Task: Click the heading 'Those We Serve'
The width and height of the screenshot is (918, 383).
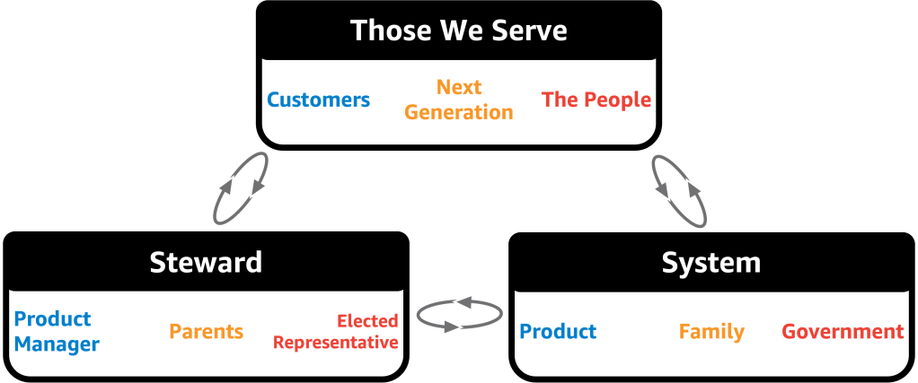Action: coord(459,30)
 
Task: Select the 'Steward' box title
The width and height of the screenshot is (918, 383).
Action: coord(206,262)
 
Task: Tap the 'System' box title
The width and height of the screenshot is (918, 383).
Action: coord(711,262)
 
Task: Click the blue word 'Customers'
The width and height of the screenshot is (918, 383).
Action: coord(319,100)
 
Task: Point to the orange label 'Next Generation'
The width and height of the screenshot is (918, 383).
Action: coord(459,100)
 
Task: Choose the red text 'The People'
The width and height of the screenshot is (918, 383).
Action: coord(596,100)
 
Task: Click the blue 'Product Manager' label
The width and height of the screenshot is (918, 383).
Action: coord(57,331)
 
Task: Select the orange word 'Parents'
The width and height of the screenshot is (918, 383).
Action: coord(207,331)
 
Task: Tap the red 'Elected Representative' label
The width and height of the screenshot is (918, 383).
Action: coord(336,331)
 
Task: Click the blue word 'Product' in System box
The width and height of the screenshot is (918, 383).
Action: coord(558,331)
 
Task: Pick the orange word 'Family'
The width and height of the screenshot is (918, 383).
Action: coord(711,331)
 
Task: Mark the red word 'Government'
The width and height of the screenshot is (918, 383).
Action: coord(843,331)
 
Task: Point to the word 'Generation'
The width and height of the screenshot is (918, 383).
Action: coord(459,112)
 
